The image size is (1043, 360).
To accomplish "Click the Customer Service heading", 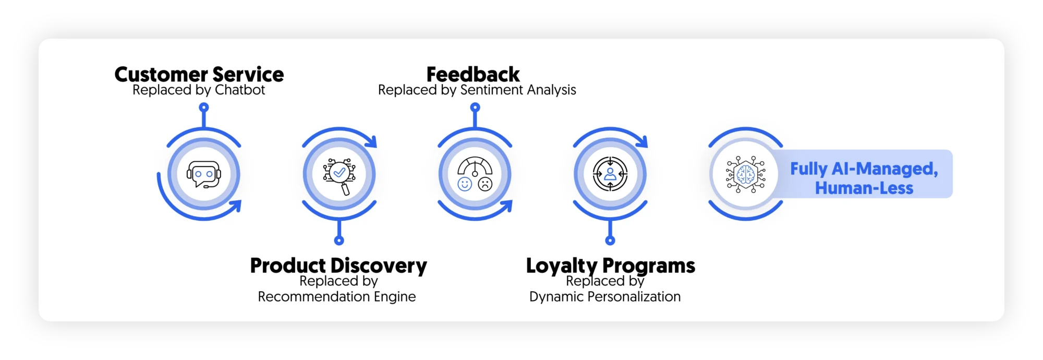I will coord(199,75).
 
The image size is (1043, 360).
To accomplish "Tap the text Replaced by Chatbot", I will coord(199,90).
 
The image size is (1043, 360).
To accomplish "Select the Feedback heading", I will coord(473,75).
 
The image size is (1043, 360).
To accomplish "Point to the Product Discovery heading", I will coord(338,266).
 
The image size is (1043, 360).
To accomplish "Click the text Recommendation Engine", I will coord(337,297).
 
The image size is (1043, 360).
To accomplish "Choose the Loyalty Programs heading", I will coord(610,266).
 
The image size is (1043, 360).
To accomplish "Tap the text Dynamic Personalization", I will coord(605,297).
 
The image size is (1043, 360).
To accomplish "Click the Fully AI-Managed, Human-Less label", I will coord(864,178).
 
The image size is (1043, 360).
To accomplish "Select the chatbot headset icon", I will coord(204,174).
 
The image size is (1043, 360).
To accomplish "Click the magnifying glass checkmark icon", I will coord(339,175).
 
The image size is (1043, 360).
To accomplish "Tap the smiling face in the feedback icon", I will coord(464,184).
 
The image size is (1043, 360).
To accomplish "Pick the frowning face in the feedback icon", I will coord(486,184).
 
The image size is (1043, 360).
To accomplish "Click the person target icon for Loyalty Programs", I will coord(610,174).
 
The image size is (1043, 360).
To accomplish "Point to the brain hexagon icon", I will coord(746,174).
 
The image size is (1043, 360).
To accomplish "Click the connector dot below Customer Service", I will coord(204,107).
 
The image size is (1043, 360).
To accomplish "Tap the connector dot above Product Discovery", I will coord(339,241).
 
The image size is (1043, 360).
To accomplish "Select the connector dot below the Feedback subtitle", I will coord(475,107).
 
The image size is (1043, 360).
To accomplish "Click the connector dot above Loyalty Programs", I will coord(610,241).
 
